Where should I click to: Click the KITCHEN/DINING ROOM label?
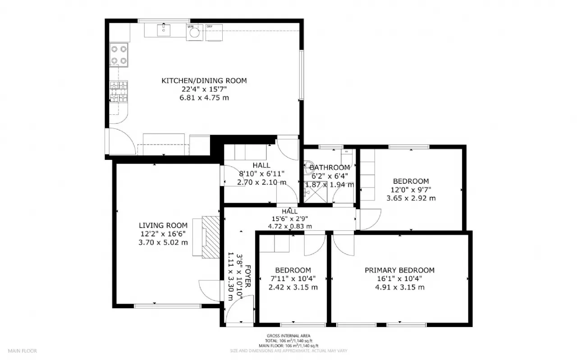pos(204,81)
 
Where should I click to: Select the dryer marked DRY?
pos(214,32)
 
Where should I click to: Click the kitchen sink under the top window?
pos(163,30)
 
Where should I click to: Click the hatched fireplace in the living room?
pos(210,237)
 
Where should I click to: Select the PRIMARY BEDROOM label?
pos(399,270)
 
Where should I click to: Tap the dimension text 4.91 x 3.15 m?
pos(399,287)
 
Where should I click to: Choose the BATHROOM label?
pos(330,168)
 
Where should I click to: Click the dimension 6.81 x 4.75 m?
pos(204,98)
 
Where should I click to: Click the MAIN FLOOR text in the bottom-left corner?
pos(22,351)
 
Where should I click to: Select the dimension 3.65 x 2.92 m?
pos(411,198)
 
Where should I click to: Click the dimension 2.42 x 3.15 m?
pos(293,287)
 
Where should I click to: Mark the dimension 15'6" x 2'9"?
pos(289,219)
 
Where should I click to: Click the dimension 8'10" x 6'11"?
pos(261,174)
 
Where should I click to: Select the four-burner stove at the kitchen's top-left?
pos(119,54)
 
